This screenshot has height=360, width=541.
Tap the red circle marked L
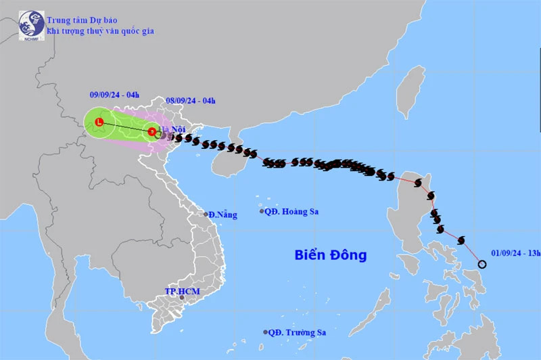pyautogui.click(x=99, y=123)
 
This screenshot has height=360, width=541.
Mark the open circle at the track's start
pyautogui.click(x=481, y=264)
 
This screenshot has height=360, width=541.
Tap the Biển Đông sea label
pyautogui.click(x=330, y=255)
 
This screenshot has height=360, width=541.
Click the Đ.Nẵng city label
pyautogui.click(x=223, y=215)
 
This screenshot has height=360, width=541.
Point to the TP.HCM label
pyautogui.click(x=183, y=292)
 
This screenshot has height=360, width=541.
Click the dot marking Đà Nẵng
pyautogui.click(x=206, y=215)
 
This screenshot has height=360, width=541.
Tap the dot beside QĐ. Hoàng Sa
pyautogui.click(x=262, y=212)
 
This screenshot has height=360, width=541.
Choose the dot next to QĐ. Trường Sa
pyautogui.click(x=265, y=332)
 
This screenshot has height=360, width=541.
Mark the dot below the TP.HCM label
pyautogui.click(x=181, y=298)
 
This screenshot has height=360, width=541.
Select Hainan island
pyautogui.click(x=226, y=160)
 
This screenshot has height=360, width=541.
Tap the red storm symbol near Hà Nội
pyautogui.click(x=153, y=132)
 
